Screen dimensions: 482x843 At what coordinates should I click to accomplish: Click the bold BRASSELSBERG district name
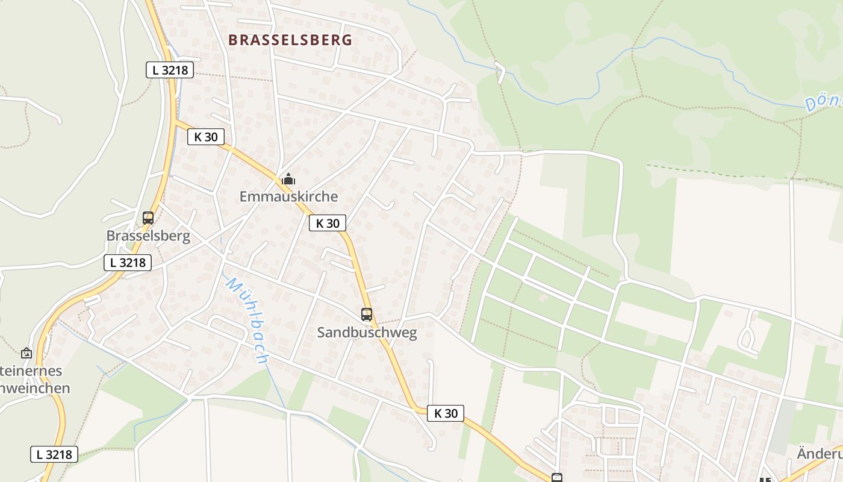tap(290, 40)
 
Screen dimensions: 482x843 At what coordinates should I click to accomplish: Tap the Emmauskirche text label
tap(288, 196)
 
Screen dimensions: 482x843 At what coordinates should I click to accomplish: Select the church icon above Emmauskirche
tap(288, 179)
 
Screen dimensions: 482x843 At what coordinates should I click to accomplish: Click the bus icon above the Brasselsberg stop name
tap(148, 218)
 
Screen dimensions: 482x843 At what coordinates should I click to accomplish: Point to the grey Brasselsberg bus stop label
tap(148, 236)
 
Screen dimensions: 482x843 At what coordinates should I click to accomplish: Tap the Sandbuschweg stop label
tap(367, 333)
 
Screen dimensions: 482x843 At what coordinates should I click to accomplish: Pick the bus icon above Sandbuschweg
tap(367, 314)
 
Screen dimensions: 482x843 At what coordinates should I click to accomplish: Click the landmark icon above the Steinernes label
tap(26, 353)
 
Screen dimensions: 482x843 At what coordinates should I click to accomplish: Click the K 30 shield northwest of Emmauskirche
tap(205, 137)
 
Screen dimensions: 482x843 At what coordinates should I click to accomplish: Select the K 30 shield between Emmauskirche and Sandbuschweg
tap(328, 223)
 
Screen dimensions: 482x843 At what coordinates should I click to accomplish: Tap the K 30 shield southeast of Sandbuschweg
tap(446, 413)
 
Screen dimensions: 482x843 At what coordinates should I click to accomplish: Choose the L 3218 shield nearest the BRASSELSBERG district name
tap(170, 70)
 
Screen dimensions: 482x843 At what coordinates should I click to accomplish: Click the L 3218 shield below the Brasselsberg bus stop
tap(128, 263)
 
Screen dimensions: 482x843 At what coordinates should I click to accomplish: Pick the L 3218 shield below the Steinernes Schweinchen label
tap(54, 454)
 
